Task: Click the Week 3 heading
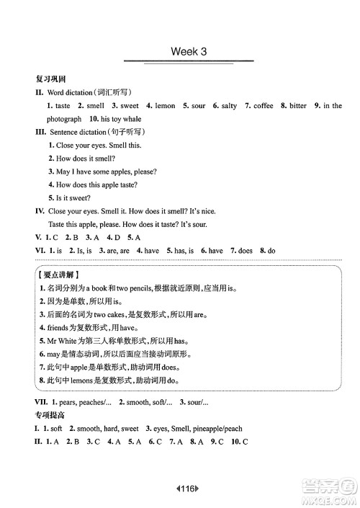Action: (x=189, y=52)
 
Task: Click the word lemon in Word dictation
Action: (x=165, y=106)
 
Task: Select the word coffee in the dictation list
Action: (x=264, y=106)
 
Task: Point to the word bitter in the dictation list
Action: (x=297, y=106)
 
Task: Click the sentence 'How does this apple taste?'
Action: (x=107, y=184)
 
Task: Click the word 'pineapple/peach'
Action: (x=215, y=429)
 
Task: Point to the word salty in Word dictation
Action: (x=229, y=106)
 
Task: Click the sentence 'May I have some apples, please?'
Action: (x=107, y=171)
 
